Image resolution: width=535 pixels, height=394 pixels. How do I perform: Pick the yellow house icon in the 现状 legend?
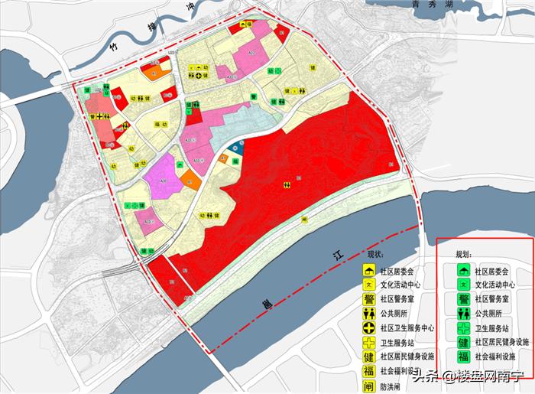368,271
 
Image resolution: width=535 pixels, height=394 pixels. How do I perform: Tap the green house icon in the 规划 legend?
462,271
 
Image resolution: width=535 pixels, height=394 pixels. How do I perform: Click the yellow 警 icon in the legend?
368,299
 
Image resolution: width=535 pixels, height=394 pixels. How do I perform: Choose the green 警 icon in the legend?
462,299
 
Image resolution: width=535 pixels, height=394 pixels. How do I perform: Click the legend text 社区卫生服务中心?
407,328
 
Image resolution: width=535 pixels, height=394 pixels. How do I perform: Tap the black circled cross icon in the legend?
368,328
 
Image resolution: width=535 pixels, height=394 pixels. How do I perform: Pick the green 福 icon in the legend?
462,357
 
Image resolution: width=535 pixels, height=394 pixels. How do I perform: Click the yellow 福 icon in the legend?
368,371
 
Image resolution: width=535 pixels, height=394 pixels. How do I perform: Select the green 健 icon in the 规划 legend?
462,342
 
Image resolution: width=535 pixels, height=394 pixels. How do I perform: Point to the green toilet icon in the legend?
462,314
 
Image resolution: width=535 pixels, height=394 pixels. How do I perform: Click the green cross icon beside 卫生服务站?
462,328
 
